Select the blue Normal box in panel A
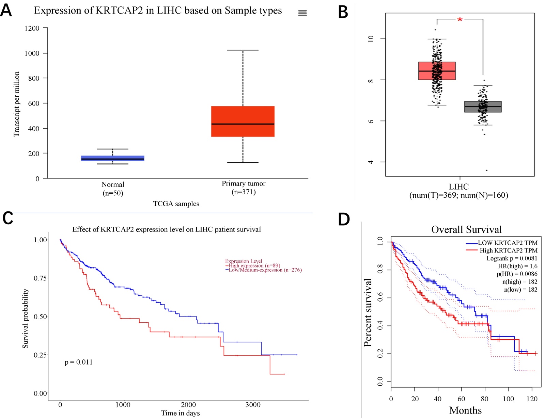(112, 158)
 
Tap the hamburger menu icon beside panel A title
(302, 13)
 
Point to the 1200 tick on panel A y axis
(32, 28)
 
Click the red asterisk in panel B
(460, 20)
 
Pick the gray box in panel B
(483, 107)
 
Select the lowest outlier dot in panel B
(486, 170)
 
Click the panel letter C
(7, 219)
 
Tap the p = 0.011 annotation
(79, 362)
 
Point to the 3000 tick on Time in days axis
(253, 405)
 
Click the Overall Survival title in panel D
(466, 230)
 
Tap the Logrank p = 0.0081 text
(512, 258)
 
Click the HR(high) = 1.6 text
(517, 266)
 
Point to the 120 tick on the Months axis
(532, 399)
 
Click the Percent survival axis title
(368, 312)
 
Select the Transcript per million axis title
(16, 104)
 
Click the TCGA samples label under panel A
(176, 204)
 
